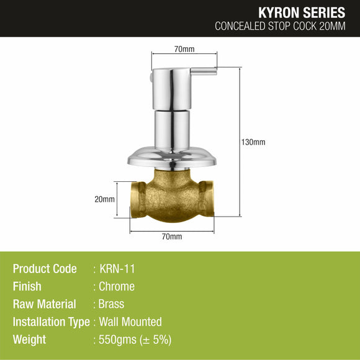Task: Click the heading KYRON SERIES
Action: [x=303, y=12]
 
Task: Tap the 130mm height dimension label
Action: [x=254, y=142]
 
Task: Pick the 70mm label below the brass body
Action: [x=172, y=236]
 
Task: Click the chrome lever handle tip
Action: [x=213, y=72]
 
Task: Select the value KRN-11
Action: [x=117, y=269]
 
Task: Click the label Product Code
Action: [x=45, y=269]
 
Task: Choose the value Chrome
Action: [x=117, y=287]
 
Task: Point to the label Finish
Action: [x=27, y=287]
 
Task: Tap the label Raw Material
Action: [x=44, y=304]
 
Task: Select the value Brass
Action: [x=112, y=304]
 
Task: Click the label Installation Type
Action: [x=51, y=322]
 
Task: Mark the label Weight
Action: [x=29, y=340]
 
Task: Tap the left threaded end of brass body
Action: [x=137, y=199]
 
